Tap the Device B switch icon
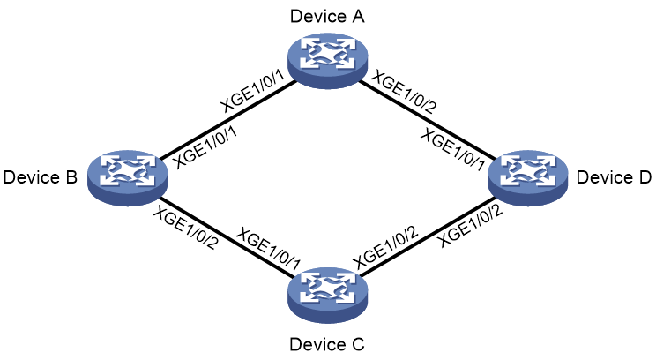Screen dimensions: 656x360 [128, 177]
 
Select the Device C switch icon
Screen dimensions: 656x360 [328, 295]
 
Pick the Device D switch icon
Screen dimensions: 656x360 [528, 177]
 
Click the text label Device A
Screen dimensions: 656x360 [327, 17]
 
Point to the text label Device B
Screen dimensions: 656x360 [41, 177]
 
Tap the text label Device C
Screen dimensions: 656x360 [327, 344]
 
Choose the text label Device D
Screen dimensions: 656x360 [614, 177]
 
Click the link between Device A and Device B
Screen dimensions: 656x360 [228, 120]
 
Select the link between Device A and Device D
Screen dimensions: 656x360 [427, 120]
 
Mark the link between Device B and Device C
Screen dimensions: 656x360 [228, 236]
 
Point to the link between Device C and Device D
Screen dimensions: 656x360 [427, 236]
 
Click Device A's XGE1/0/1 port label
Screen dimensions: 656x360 [253, 91]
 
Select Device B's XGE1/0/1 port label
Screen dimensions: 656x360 [205, 147]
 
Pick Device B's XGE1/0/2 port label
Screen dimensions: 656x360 [185, 228]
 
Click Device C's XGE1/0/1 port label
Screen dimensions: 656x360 [269, 249]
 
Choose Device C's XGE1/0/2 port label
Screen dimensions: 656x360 [385, 248]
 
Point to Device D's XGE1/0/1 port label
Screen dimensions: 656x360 [452, 149]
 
